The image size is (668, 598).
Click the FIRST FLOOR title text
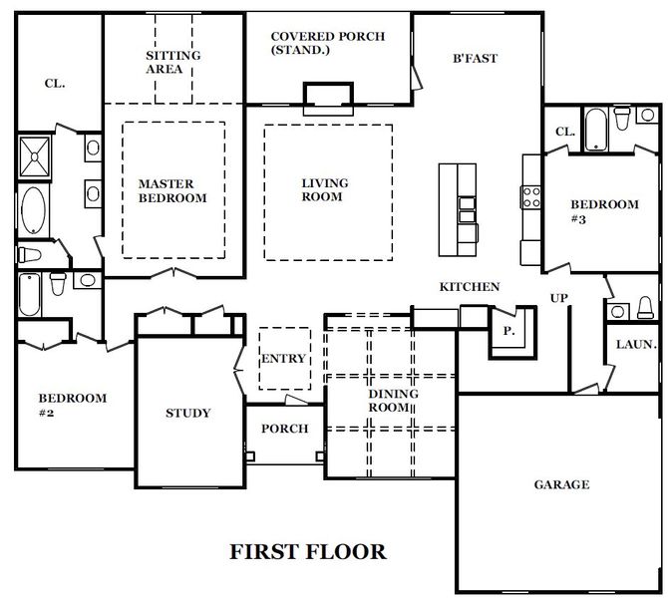308,551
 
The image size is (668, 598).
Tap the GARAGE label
560,485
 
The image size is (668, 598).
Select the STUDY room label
187,413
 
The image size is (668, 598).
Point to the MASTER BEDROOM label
172,190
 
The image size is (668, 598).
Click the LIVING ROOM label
325,189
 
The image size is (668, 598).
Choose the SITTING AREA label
172,63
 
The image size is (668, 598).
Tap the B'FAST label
475,58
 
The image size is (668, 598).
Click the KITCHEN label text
470,287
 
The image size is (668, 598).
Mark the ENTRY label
283,360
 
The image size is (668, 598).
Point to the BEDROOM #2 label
72,405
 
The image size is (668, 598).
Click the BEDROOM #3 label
604,210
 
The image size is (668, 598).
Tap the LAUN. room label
636,345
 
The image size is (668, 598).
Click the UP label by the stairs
559,298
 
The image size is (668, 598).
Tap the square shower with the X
37,155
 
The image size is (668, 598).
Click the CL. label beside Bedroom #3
564,132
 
